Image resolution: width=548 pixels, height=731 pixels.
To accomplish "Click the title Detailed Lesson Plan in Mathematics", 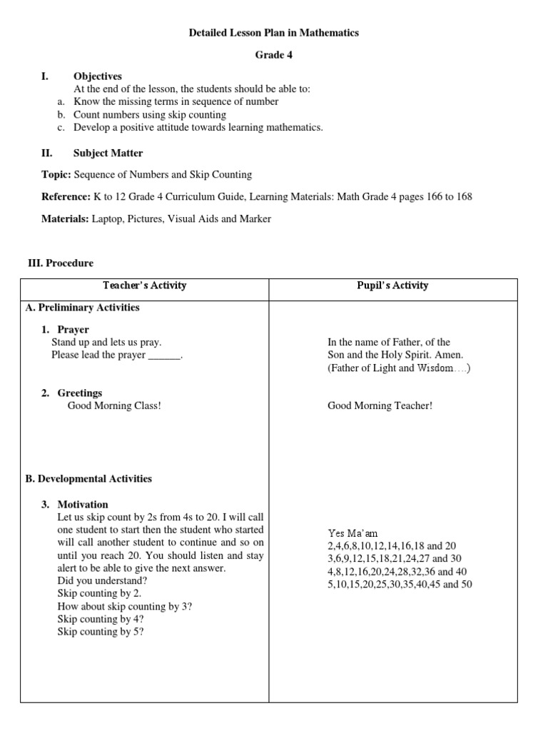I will pos(273,33).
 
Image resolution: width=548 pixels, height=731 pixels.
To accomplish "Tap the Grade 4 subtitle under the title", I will pos(274,54).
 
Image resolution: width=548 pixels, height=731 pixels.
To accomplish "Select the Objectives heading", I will pos(98,76).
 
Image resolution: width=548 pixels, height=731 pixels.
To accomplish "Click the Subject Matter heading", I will pos(108,153).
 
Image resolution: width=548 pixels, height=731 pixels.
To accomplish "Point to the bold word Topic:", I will pos(56,174).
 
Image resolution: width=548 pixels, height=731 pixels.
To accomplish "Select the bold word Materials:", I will pos(65,219).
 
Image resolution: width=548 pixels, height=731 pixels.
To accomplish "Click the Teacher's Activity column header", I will pos(144,286).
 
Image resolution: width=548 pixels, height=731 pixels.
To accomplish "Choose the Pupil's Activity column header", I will pos(392,286).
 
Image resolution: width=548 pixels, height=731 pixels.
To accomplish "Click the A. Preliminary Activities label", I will pos(82,308).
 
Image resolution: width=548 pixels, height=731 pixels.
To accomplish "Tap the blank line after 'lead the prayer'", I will pos(164,356).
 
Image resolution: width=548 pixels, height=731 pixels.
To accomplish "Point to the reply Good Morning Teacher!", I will pos(380,406).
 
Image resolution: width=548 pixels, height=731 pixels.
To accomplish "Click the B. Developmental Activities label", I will pos(88,479).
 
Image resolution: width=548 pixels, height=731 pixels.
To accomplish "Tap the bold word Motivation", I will pos(83,504).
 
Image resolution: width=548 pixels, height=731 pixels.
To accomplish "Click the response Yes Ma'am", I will pos(352,534).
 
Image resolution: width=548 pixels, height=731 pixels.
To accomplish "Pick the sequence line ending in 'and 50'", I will pos(400,585).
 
